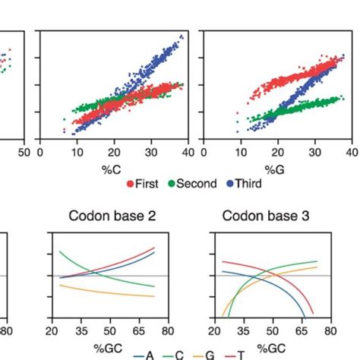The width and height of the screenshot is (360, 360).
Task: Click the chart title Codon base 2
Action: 112,216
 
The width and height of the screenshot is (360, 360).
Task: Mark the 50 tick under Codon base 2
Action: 110,331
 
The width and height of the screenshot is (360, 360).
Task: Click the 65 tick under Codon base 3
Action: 305,331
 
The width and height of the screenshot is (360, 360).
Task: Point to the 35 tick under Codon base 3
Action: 244,331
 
